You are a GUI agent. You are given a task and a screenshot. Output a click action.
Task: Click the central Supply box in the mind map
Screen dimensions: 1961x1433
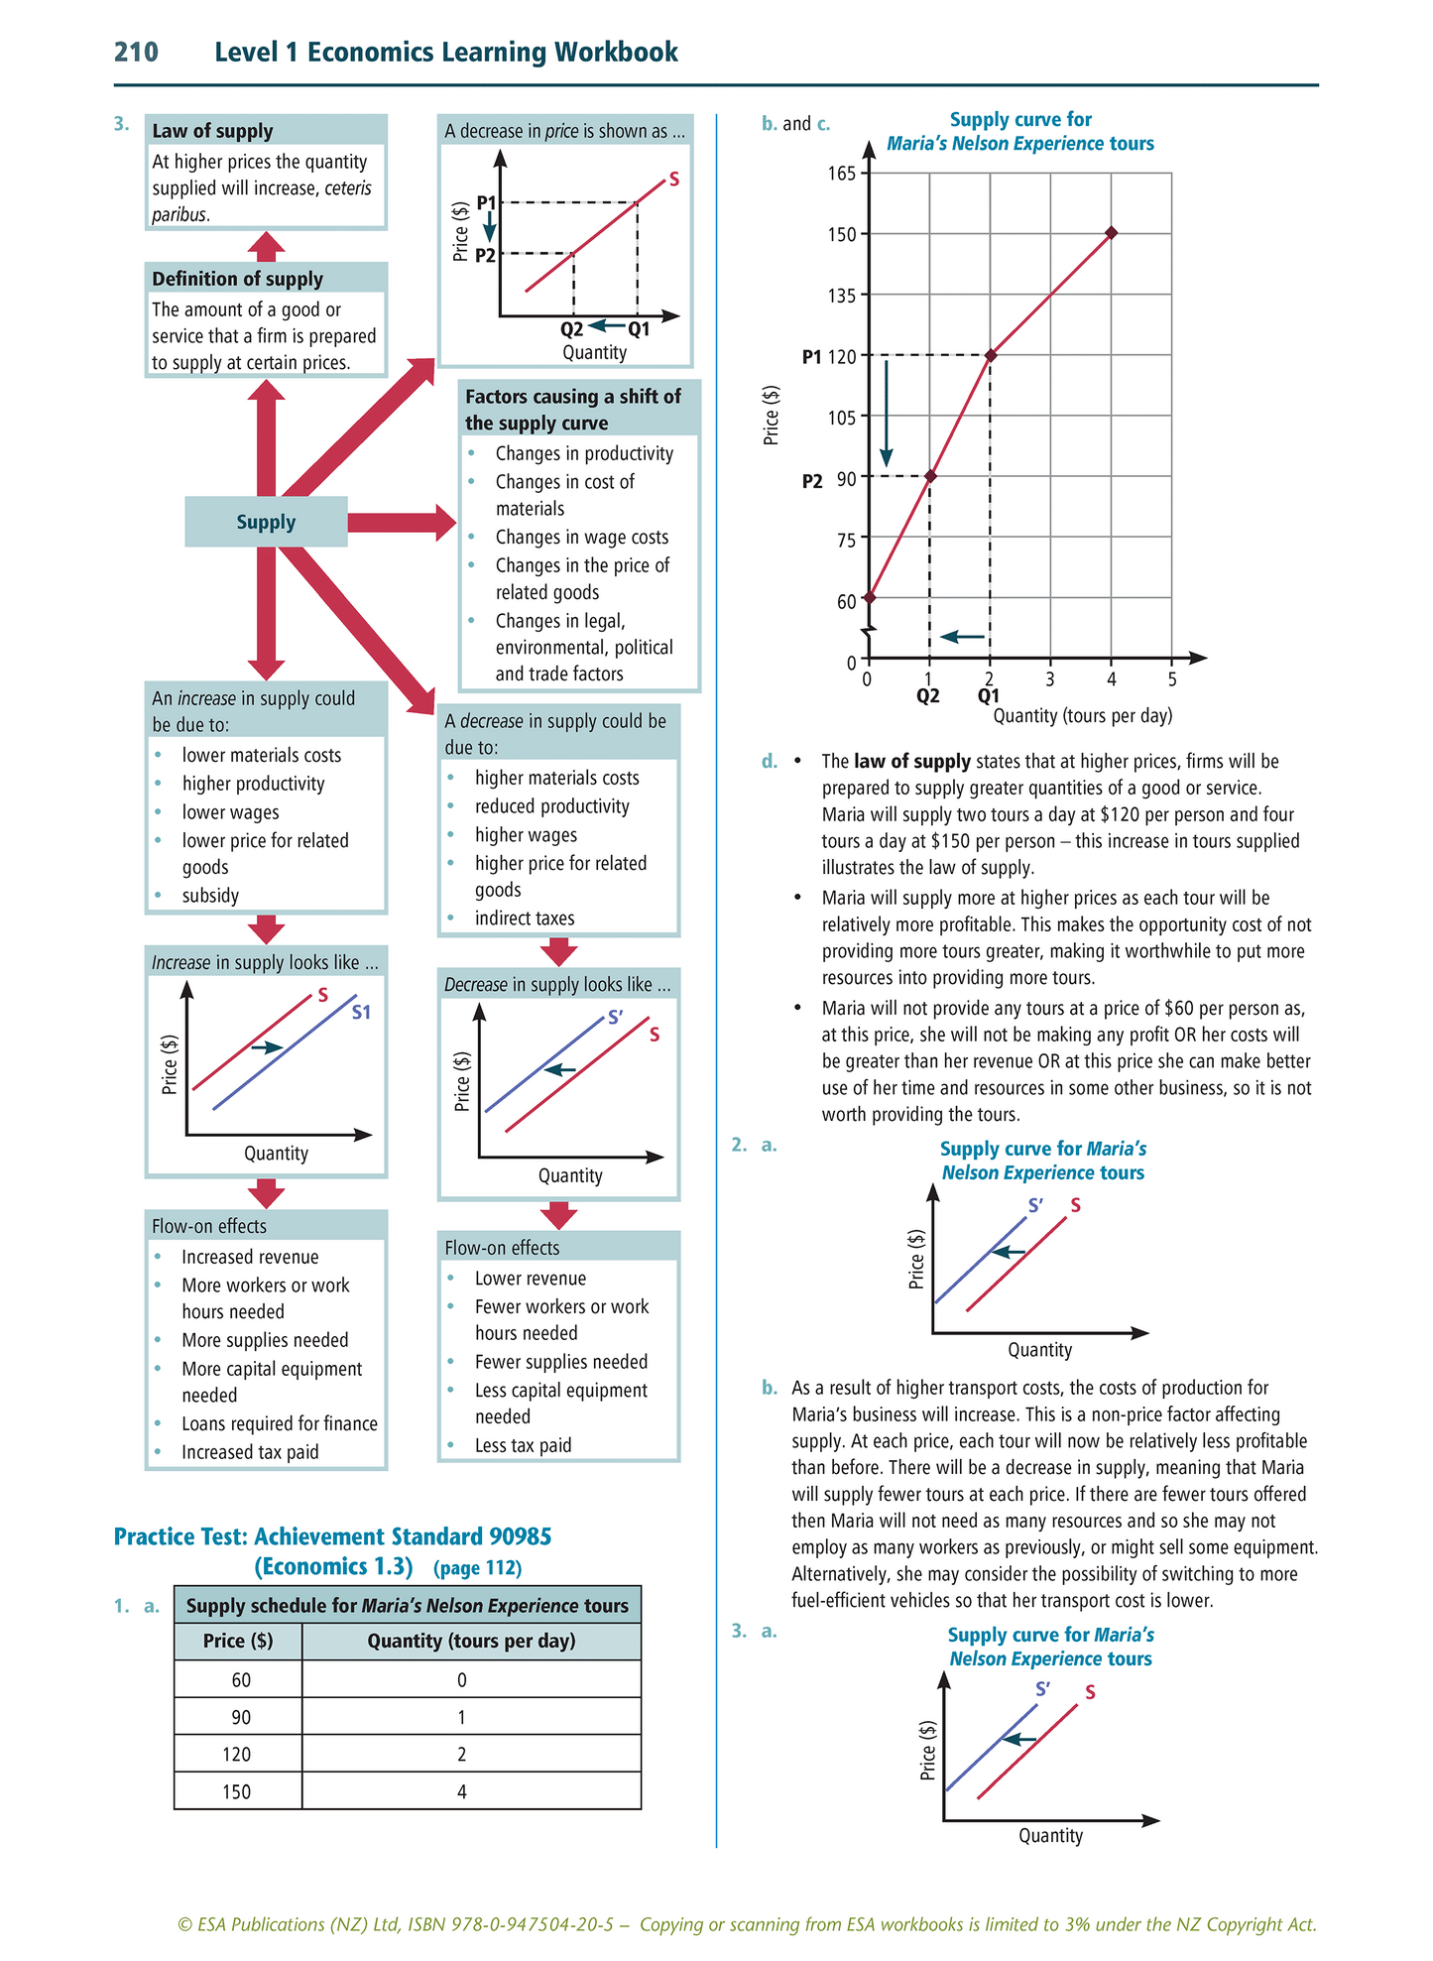[266, 522]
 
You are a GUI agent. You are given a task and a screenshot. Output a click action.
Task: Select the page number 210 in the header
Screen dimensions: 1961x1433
[136, 52]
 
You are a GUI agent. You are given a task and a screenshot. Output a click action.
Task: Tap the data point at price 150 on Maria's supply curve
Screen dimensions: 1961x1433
[1111, 233]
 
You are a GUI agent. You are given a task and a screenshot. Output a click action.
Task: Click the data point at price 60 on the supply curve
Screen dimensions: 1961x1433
[869, 597]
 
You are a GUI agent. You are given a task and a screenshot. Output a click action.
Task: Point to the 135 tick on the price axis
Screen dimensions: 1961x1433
[841, 295]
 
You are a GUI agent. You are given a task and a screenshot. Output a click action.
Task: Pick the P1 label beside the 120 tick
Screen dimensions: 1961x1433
[811, 356]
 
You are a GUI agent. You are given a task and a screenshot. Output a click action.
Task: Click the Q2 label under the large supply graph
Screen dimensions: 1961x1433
[927, 695]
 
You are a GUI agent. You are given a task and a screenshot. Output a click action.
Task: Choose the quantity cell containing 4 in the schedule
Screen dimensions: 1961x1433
[462, 1791]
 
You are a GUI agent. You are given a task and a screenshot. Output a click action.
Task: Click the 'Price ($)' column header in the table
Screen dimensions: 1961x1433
[238, 1641]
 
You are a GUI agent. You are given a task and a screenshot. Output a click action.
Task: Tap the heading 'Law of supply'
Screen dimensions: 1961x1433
[212, 131]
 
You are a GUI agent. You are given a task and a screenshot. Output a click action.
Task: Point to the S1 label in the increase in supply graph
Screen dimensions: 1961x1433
[361, 1012]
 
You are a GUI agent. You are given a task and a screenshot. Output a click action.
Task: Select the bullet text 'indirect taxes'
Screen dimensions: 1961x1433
[524, 918]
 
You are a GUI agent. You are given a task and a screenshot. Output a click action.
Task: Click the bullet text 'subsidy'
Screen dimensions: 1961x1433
[210, 895]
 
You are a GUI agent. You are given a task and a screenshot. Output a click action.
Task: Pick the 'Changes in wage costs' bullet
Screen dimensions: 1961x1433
[581, 537]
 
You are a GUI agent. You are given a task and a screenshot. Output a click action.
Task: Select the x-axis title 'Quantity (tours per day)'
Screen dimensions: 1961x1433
[1082, 715]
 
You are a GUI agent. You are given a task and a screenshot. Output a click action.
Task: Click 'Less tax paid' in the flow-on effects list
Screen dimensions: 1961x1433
[523, 1445]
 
